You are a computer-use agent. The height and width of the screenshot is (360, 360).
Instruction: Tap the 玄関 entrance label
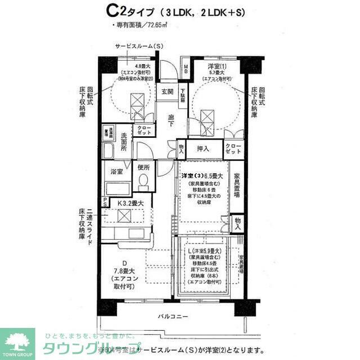coord(168,92)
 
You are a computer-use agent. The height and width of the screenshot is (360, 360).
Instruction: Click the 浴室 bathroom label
coord(116,170)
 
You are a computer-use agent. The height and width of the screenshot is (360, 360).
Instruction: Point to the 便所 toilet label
coord(143,167)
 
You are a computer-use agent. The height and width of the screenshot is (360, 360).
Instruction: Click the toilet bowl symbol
coord(143,181)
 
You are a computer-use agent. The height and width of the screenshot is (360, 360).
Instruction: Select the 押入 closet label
coord(202,148)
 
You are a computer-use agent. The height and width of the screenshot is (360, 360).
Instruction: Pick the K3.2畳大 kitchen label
coord(130,203)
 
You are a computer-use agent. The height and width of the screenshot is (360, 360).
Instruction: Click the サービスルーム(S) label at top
coord(139,46)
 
